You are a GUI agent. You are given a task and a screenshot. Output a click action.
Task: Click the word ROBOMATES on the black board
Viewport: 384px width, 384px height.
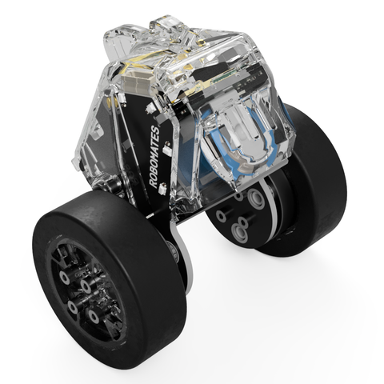pyautogui.click(x=154, y=157)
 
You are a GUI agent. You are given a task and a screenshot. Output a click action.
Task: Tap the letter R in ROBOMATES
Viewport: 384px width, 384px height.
pyautogui.click(x=154, y=184)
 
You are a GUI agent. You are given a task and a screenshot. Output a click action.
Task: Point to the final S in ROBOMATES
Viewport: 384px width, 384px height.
pyautogui.click(x=155, y=129)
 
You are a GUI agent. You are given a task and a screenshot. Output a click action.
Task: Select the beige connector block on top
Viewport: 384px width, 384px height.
pyautogui.click(x=134, y=84)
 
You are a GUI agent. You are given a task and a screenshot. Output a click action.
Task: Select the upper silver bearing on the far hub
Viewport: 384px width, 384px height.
pyautogui.click(x=256, y=198)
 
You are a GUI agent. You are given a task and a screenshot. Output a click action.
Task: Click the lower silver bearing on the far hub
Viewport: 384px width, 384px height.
pyautogui.click(x=240, y=233)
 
